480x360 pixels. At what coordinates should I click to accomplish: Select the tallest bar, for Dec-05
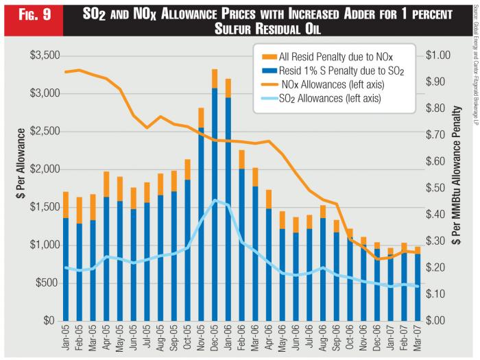point(215,206)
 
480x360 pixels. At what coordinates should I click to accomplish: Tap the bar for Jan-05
point(66,267)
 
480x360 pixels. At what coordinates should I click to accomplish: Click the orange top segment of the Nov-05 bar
point(201,117)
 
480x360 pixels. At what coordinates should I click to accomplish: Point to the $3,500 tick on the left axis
point(40,56)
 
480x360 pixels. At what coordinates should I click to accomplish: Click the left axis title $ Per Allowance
point(15,188)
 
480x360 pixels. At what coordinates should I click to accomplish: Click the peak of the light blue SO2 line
point(215,200)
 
